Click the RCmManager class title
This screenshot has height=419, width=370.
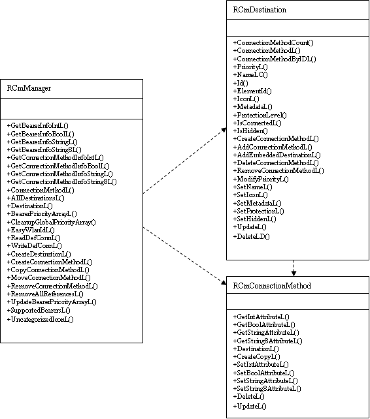29,87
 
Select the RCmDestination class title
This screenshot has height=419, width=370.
260,10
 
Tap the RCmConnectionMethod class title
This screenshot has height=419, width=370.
271,286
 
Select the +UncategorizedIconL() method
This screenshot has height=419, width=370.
40,319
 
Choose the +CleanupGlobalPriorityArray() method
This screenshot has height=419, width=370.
52,222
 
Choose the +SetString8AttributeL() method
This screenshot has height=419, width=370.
267,388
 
